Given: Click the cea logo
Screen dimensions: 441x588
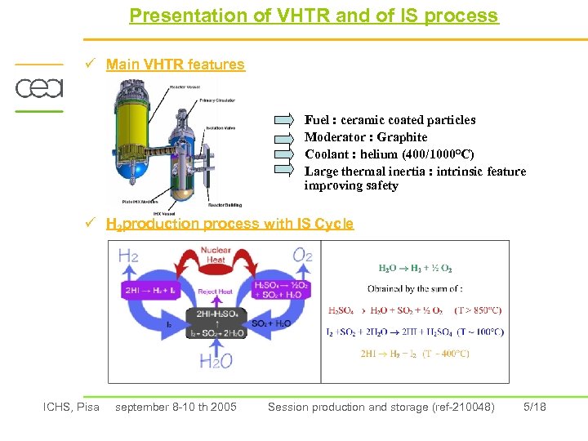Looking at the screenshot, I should click(x=38, y=87).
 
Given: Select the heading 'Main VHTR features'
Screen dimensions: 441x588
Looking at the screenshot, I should click(x=175, y=65).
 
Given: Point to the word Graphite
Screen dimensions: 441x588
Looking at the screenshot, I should click(x=402, y=137).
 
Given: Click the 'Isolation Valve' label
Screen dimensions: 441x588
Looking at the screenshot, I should click(x=221, y=127).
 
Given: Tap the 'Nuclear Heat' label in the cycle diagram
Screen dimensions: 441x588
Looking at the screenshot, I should click(x=216, y=255).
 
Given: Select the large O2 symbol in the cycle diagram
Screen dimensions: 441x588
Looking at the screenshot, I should click(x=301, y=256).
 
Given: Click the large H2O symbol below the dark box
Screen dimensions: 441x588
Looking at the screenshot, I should click(x=216, y=360).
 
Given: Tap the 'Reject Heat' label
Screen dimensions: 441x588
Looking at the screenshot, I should click(x=216, y=292).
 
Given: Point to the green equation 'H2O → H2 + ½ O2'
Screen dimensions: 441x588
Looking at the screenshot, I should click(x=415, y=268).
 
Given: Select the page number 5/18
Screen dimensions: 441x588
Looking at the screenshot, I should click(x=534, y=407).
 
